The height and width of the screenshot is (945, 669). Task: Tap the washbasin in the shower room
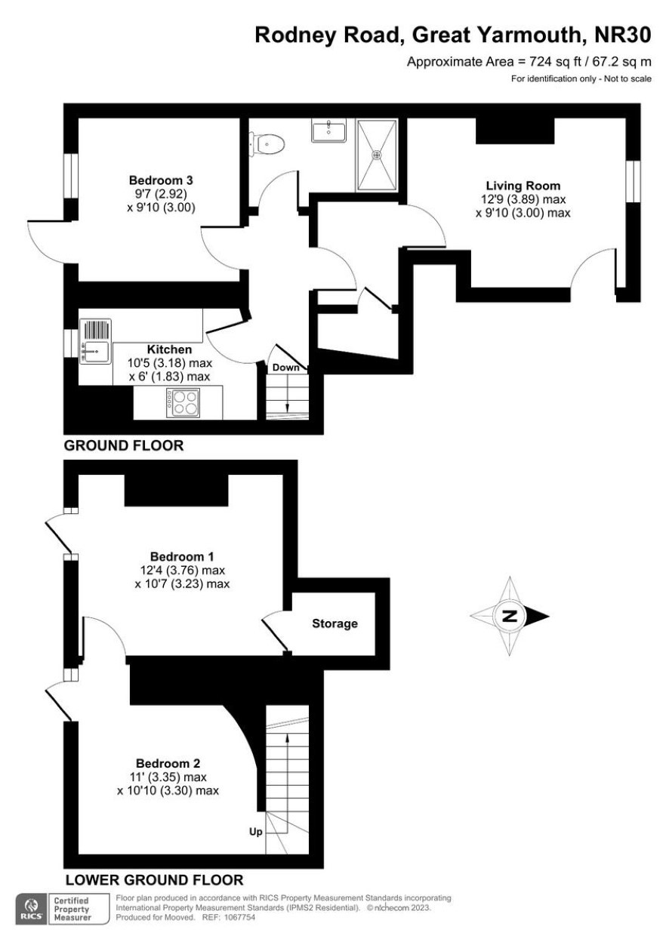(x=329, y=131)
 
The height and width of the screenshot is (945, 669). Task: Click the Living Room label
(x=523, y=185)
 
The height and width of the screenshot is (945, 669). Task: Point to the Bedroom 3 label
(x=161, y=180)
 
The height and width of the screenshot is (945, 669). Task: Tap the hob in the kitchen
(x=183, y=402)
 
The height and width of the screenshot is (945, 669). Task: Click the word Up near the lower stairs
(x=256, y=832)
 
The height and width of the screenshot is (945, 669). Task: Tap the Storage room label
(x=334, y=623)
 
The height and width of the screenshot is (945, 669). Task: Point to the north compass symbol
(x=510, y=616)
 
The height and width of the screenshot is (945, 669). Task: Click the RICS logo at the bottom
(x=32, y=908)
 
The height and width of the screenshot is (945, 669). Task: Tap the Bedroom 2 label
(x=168, y=763)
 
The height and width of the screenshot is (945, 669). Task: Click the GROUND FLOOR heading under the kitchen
(x=124, y=446)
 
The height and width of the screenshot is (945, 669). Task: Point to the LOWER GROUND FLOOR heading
(x=154, y=880)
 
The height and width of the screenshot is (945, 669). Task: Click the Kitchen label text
(x=169, y=349)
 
